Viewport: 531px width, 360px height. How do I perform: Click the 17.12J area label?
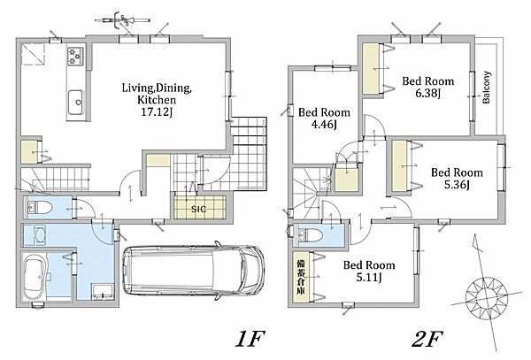[157, 112]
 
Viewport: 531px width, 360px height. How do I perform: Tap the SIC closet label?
[199, 209]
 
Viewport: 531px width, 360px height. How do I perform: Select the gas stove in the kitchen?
[75, 56]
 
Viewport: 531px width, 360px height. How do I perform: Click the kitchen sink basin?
[76, 103]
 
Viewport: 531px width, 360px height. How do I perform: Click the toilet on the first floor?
[39, 208]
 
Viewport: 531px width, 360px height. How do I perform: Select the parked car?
[193, 271]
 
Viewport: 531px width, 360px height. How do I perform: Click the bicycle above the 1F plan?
[123, 20]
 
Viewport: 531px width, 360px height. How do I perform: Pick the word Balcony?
[486, 87]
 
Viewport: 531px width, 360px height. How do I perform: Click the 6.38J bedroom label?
[428, 93]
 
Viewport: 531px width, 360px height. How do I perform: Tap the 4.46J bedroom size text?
[324, 125]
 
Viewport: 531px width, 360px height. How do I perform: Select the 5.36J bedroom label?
[457, 185]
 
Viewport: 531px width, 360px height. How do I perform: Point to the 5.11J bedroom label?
[369, 278]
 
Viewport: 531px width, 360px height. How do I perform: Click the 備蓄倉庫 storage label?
[300, 277]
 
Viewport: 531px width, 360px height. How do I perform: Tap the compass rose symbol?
[486, 296]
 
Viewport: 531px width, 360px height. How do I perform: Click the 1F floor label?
[250, 339]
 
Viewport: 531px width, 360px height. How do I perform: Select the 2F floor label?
[427, 339]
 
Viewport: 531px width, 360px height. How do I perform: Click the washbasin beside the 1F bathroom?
[40, 234]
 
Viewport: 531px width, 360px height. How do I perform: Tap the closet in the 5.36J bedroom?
[400, 166]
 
